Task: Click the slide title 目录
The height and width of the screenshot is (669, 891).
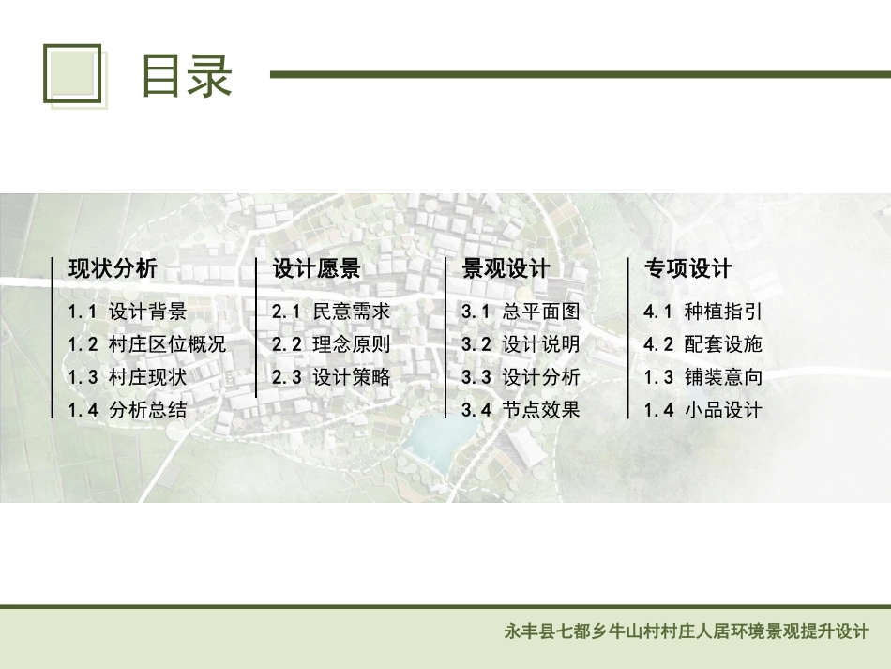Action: coord(186,76)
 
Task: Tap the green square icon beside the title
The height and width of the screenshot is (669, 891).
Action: coord(72,73)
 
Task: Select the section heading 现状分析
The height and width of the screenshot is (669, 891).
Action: coord(113,269)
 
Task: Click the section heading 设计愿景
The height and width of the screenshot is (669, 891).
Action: coord(316,269)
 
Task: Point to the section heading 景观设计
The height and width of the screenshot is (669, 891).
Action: coord(506,269)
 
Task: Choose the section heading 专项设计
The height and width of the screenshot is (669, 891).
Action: coord(687,269)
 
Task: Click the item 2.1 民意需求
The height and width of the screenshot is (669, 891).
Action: coord(330,312)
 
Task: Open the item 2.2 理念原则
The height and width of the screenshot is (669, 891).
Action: coord(330,344)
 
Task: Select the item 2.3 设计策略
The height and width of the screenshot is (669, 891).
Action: coord(330,377)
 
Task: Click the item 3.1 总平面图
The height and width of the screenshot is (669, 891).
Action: coord(521,312)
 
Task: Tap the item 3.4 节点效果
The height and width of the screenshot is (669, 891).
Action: coord(521,410)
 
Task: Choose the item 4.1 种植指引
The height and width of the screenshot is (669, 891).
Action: coord(702,312)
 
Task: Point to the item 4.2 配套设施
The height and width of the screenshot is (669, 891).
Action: coord(702,344)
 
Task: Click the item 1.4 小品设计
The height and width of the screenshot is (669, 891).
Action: coord(702,410)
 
